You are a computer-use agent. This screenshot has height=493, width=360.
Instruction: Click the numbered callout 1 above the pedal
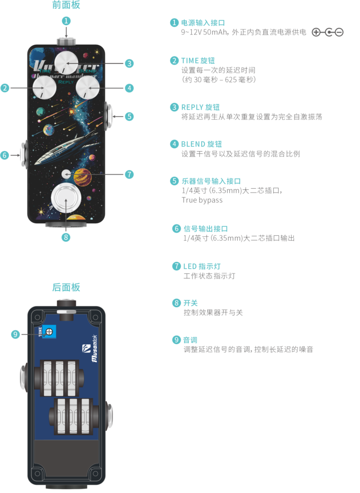point(67,21)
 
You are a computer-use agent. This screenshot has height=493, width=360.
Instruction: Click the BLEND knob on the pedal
point(88,88)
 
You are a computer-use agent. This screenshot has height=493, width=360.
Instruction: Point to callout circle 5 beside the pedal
point(129,116)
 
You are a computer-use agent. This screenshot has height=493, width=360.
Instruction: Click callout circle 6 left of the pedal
point(5,155)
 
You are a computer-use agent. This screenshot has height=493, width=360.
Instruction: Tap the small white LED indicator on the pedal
point(66,174)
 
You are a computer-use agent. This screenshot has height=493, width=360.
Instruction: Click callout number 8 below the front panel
point(67,237)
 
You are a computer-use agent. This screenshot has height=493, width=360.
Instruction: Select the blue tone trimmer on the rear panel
point(49,331)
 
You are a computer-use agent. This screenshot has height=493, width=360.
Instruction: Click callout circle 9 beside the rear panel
point(15,334)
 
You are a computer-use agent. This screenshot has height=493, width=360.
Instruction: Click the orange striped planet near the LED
point(82,176)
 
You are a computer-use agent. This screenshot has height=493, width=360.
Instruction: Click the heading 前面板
point(66,5)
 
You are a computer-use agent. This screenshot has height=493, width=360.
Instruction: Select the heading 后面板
point(66,287)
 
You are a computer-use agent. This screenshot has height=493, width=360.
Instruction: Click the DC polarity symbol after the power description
point(328,32)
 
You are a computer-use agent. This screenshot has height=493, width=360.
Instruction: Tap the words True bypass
point(202,200)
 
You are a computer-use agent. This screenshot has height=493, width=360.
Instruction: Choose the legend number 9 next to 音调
point(176,340)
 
